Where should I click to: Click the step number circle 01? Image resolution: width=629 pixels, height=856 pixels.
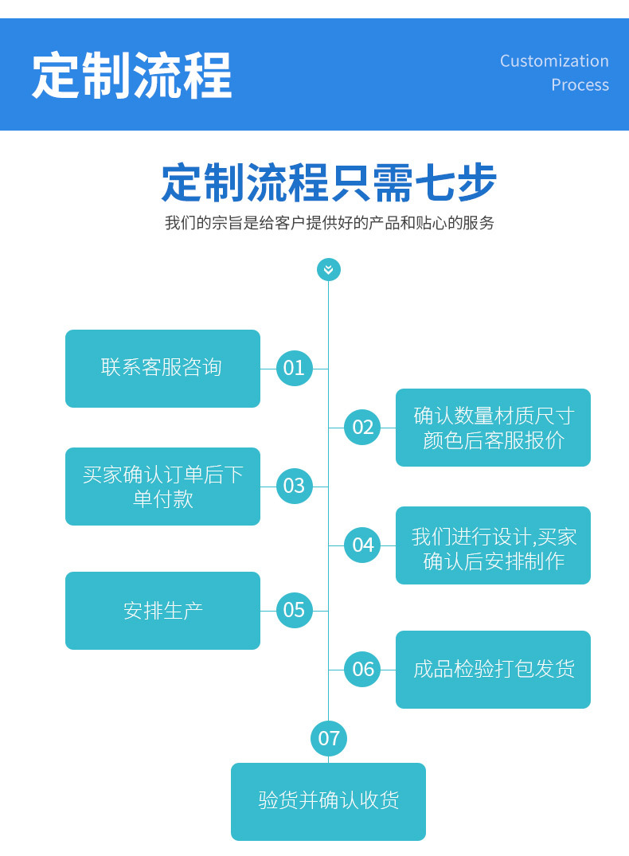(x=295, y=369)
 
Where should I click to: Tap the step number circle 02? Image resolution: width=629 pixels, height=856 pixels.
(x=362, y=427)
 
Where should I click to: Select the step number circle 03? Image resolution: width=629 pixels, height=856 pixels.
(x=295, y=486)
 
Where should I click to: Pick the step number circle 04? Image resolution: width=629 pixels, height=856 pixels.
(x=362, y=545)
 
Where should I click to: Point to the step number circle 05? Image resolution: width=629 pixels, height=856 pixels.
(x=295, y=610)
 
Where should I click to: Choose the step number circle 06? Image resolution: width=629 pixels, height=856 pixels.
(x=362, y=670)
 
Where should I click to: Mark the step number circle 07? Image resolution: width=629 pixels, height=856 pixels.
(x=329, y=739)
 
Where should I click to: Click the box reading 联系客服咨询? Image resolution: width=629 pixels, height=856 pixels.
(x=162, y=369)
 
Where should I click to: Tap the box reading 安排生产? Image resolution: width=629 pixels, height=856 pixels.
(x=162, y=610)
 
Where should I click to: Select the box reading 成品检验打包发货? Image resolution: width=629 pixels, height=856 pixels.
(x=493, y=670)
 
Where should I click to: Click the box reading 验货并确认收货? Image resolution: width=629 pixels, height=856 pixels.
(x=328, y=801)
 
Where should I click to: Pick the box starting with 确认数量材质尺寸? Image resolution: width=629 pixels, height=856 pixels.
(x=493, y=428)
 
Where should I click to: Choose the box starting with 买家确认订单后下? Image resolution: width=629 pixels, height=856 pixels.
(x=162, y=487)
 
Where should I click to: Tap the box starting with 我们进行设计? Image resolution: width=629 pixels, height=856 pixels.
(x=493, y=545)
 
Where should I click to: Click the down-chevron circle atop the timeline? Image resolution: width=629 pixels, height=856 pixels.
(x=329, y=270)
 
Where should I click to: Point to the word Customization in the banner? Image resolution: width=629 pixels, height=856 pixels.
(x=554, y=61)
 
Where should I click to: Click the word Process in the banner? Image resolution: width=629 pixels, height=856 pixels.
(x=580, y=85)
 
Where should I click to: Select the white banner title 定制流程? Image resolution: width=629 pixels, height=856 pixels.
(x=132, y=76)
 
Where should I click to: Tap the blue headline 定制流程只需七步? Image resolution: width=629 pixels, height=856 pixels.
(x=329, y=182)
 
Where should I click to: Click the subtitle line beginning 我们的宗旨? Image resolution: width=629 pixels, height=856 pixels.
(x=330, y=223)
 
